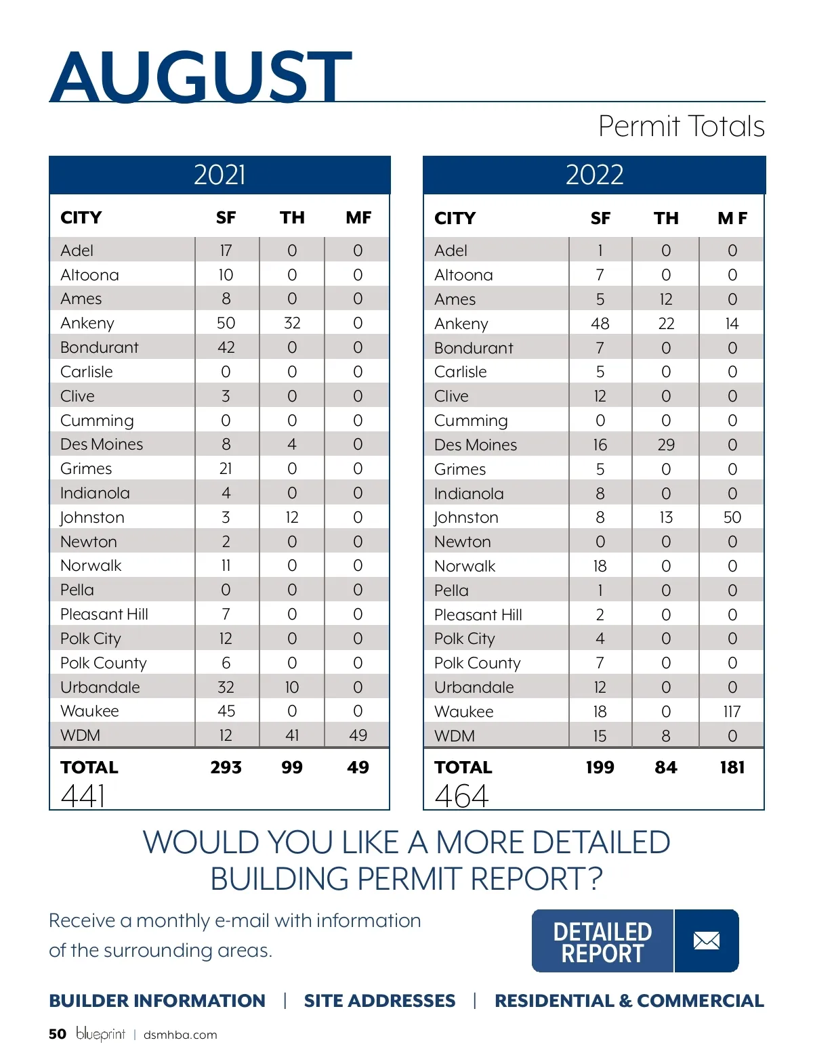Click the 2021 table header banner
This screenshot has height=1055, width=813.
[x=220, y=175]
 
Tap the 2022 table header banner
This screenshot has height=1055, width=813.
[x=594, y=175]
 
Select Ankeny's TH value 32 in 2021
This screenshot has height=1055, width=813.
[x=292, y=323]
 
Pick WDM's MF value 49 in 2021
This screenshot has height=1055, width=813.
[x=358, y=735]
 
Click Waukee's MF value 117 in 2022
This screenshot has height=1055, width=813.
[x=732, y=712]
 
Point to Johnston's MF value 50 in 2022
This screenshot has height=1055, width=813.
[x=732, y=517]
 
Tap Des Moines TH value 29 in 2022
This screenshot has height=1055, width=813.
[x=666, y=445]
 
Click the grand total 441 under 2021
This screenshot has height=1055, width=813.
[x=83, y=796]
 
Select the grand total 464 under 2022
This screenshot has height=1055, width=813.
[x=461, y=796]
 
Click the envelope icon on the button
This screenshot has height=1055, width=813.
[x=707, y=941]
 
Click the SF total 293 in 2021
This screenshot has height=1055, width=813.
[x=226, y=767]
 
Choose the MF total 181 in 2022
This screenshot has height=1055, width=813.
[x=732, y=767]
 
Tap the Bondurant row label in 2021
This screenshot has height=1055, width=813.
[x=99, y=347]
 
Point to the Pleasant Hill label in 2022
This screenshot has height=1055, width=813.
[x=478, y=615]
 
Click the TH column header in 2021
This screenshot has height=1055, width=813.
[x=292, y=217]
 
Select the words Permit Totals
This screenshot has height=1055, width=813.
[x=681, y=127]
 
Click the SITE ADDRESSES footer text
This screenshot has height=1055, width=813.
[x=379, y=1001]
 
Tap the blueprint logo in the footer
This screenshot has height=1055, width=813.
[x=100, y=1034]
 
